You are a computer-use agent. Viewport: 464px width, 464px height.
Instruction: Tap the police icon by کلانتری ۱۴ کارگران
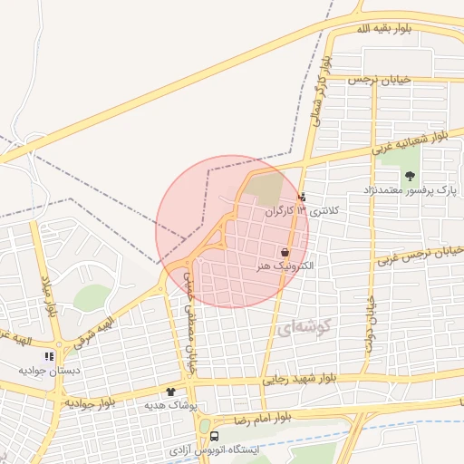pyautogui.click(x=302, y=196)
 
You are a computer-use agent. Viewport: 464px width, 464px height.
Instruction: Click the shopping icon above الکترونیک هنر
pyautogui.click(x=285, y=253)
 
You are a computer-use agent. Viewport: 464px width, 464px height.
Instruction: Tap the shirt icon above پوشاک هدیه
pyautogui.click(x=169, y=391)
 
